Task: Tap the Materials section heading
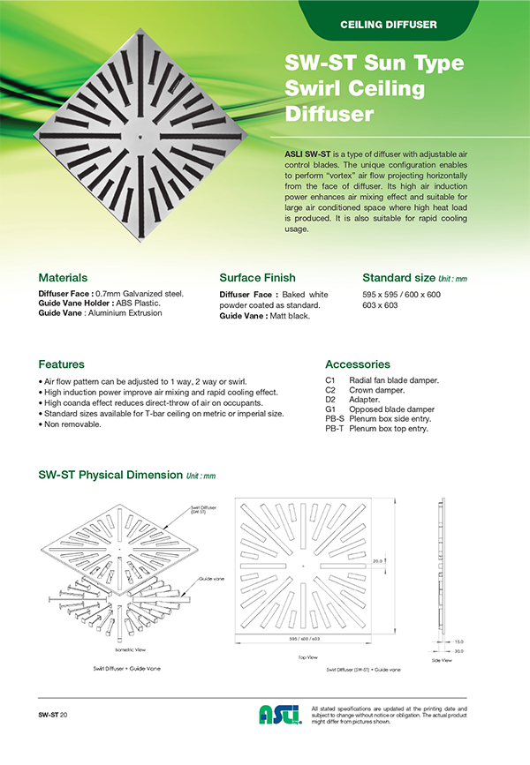click(x=63, y=277)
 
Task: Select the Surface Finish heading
click(x=257, y=277)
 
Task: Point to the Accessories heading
click(x=358, y=364)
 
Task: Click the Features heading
click(x=62, y=364)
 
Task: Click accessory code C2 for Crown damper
click(x=330, y=389)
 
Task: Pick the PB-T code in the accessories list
click(x=334, y=428)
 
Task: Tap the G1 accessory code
click(x=330, y=409)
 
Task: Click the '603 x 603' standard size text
click(x=381, y=304)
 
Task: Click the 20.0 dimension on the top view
click(x=377, y=560)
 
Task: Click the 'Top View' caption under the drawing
click(x=304, y=657)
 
